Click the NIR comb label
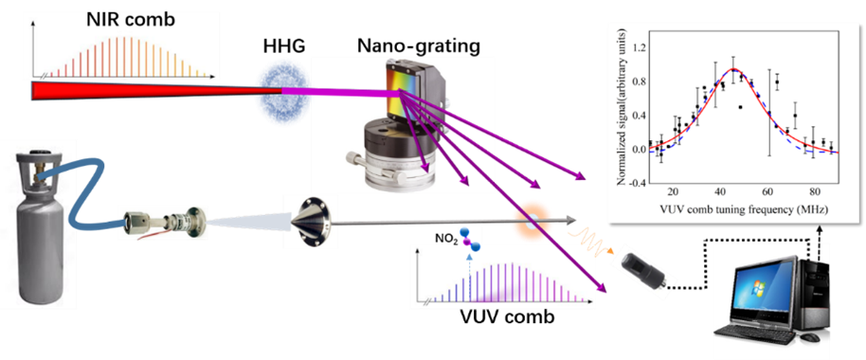[x=131, y=20]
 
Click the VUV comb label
[x=508, y=318]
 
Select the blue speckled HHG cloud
[x=283, y=91]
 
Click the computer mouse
[x=810, y=337]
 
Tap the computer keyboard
[x=754, y=336]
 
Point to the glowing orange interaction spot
[x=530, y=222]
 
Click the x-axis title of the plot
[x=744, y=209]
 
